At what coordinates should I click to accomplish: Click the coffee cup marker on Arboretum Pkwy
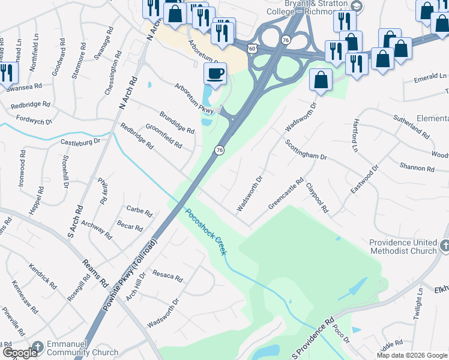(x=215, y=74)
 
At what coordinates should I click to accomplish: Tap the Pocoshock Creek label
(x=206, y=232)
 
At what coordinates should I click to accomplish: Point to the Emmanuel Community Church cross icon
(x=37, y=347)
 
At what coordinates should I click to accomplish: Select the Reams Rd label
(x=95, y=272)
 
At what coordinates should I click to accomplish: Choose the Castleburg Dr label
(x=80, y=142)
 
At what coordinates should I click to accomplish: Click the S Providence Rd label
(x=312, y=339)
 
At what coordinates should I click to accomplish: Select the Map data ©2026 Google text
(x=411, y=355)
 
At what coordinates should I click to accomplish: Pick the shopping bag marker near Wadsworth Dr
(x=321, y=80)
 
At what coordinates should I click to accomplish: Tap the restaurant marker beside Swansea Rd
(x=7, y=73)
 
